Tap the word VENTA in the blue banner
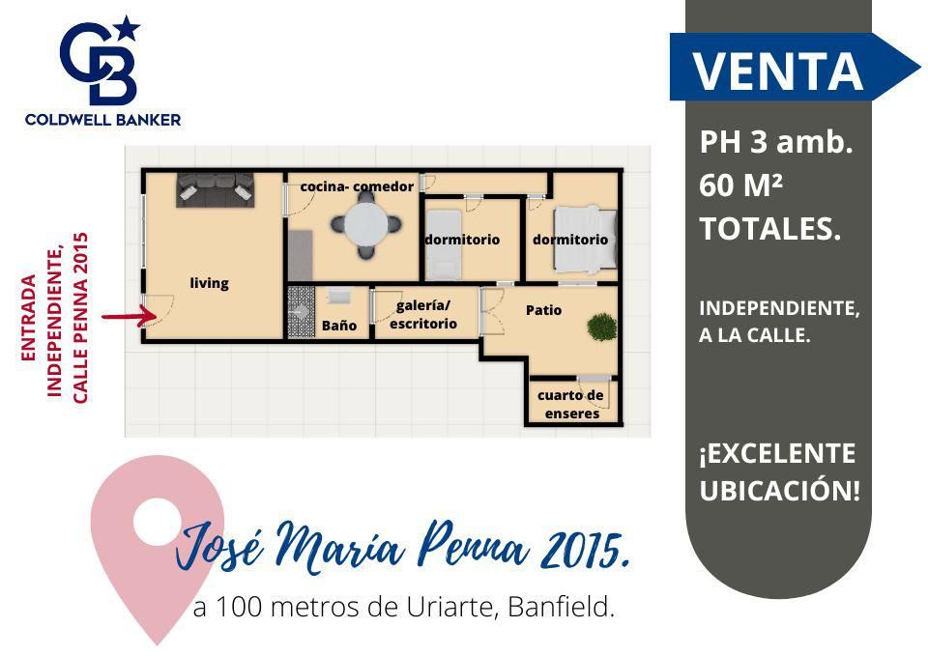click(777, 71)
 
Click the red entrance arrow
click(129, 316)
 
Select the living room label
click(210, 283)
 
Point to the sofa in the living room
click(216, 190)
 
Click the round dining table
click(366, 225)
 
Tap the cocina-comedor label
click(357, 186)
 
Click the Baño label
click(339, 326)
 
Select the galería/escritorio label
click(423, 315)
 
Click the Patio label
click(544, 310)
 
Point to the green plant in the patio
click(602, 327)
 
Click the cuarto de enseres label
click(571, 405)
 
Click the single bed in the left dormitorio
click(444, 244)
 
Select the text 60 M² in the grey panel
click(741, 185)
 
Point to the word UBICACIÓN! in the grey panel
click(779, 491)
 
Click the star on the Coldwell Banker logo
click(128, 28)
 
